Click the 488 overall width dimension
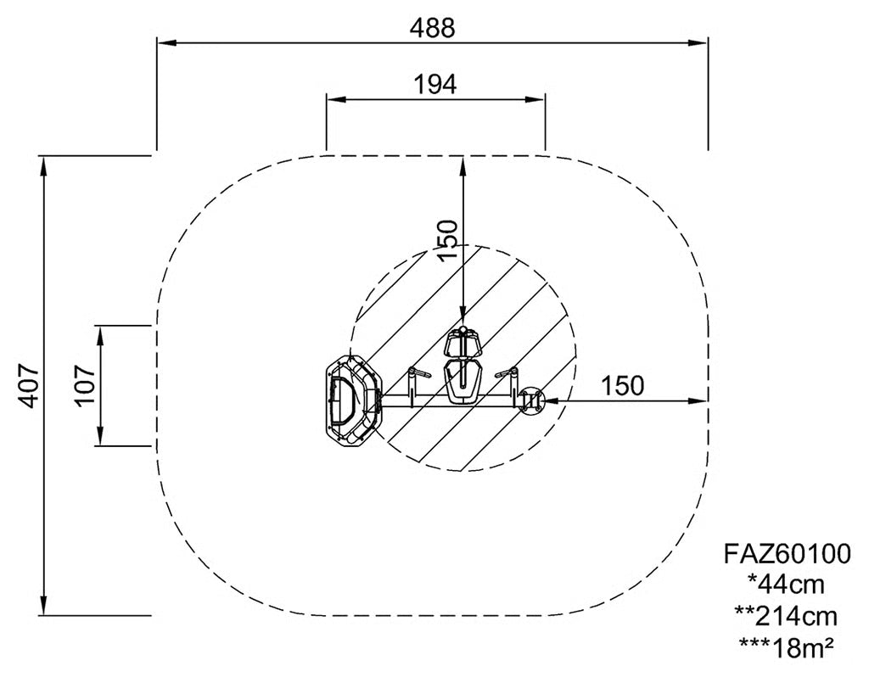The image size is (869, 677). pos(432,28)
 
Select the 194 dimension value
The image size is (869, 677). pos(435,85)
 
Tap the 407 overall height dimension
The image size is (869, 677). pos(27,386)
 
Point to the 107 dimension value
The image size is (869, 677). pos(85,385)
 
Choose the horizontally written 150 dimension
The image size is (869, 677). pos(623,386)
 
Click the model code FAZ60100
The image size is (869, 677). pos(787,553)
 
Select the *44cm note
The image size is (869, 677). pos(787,584)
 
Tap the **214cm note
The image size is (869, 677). pos(786,616)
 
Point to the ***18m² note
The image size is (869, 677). pos(787,647)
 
